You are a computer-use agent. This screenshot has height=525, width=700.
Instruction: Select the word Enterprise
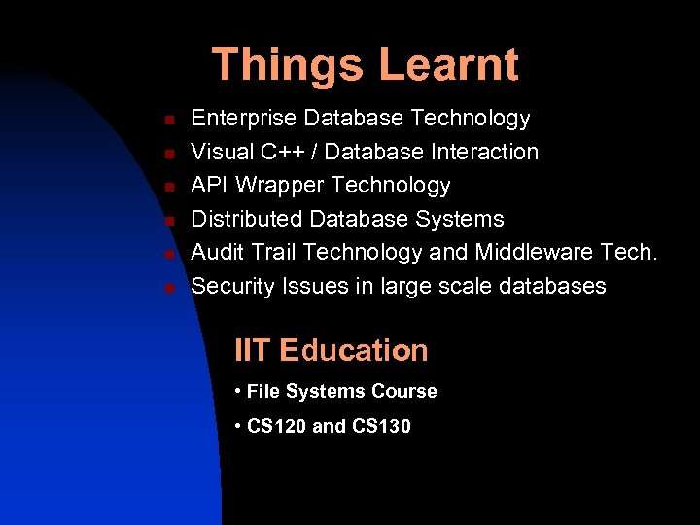pyautogui.click(x=244, y=119)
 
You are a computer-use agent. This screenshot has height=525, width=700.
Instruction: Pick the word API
pyautogui.click(x=209, y=185)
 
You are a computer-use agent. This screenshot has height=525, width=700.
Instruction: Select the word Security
pyautogui.click(x=232, y=287)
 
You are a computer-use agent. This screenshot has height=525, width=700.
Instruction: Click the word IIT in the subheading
pyautogui.click(x=253, y=350)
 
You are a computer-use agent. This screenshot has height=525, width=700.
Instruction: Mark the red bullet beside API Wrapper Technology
pyautogui.click(x=168, y=187)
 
